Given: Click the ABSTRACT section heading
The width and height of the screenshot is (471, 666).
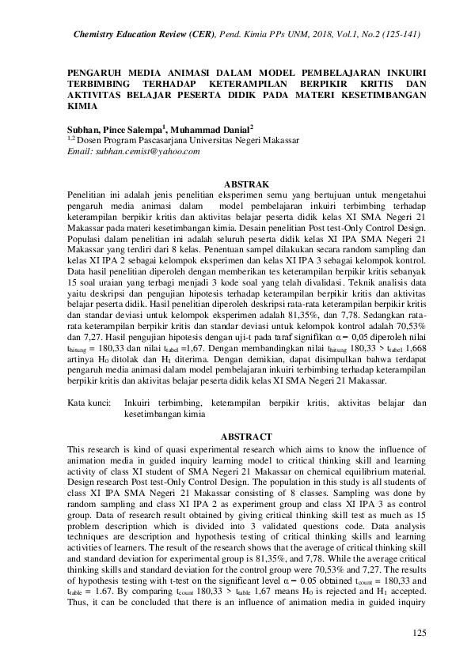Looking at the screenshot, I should [x=247, y=437].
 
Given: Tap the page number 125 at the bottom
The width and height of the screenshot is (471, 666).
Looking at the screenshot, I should [x=420, y=633].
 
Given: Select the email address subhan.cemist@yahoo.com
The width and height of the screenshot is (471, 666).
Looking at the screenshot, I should [x=135, y=150].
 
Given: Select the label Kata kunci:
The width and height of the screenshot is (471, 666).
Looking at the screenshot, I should [x=88, y=403].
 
